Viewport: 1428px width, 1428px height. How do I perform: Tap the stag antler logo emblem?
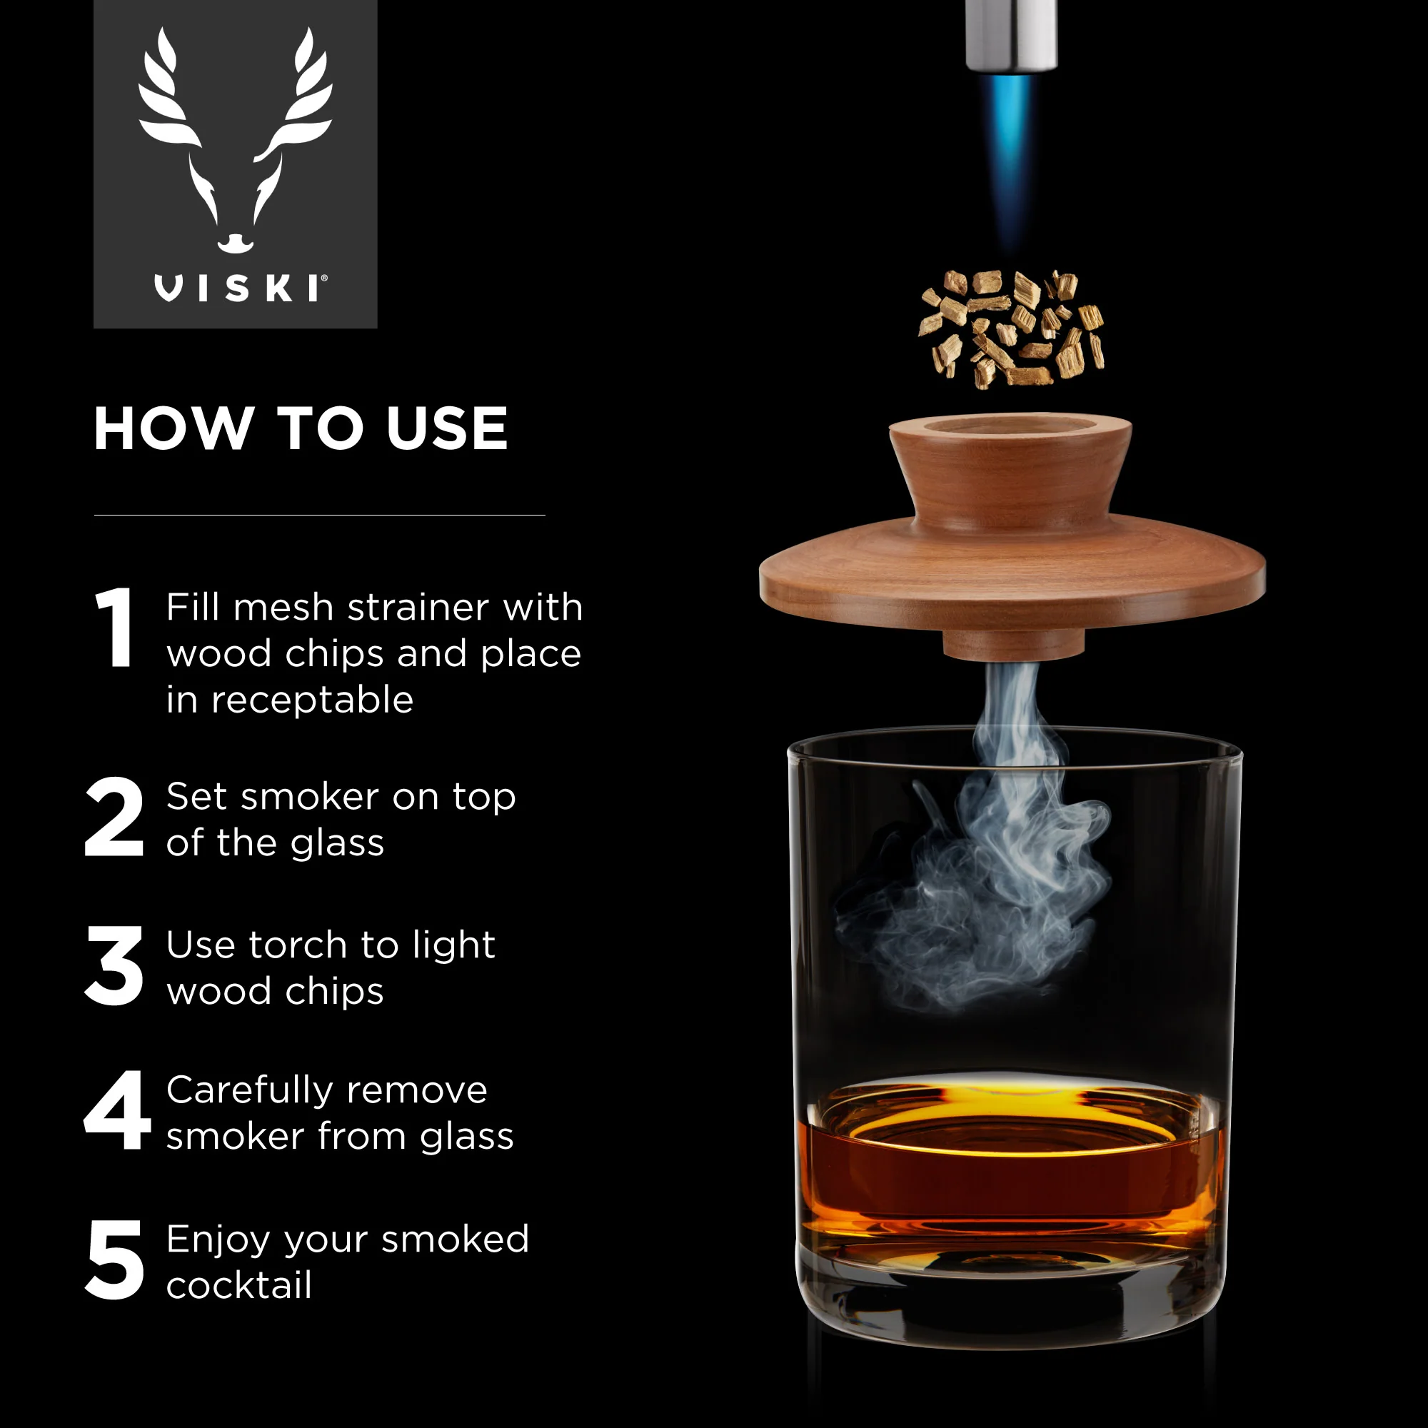(x=235, y=141)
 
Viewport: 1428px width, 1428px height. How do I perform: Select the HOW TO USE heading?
(x=301, y=428)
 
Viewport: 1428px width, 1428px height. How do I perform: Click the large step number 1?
(x=114, y=628)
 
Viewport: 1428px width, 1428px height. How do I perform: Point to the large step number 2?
(x=114, y=817)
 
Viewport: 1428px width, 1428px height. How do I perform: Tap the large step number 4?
(x=117, y=1110)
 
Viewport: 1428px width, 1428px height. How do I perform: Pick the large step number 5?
(x=114, y=1259)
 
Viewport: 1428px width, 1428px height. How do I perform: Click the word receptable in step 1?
(x=312, y=700)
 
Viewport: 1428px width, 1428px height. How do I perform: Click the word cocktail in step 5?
(x=238, y=1285)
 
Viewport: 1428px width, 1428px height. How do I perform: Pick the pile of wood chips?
(x=1011, y=329)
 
